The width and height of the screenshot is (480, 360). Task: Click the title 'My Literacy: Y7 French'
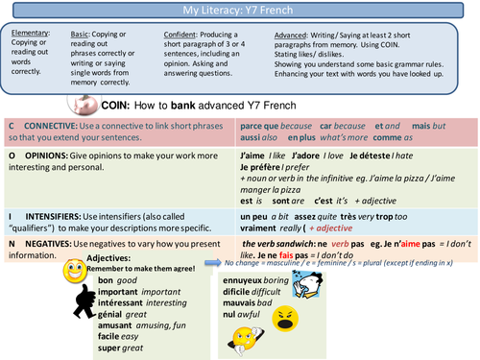(x=239, y=10)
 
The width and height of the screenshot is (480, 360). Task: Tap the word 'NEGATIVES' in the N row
(x=53, y=244)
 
